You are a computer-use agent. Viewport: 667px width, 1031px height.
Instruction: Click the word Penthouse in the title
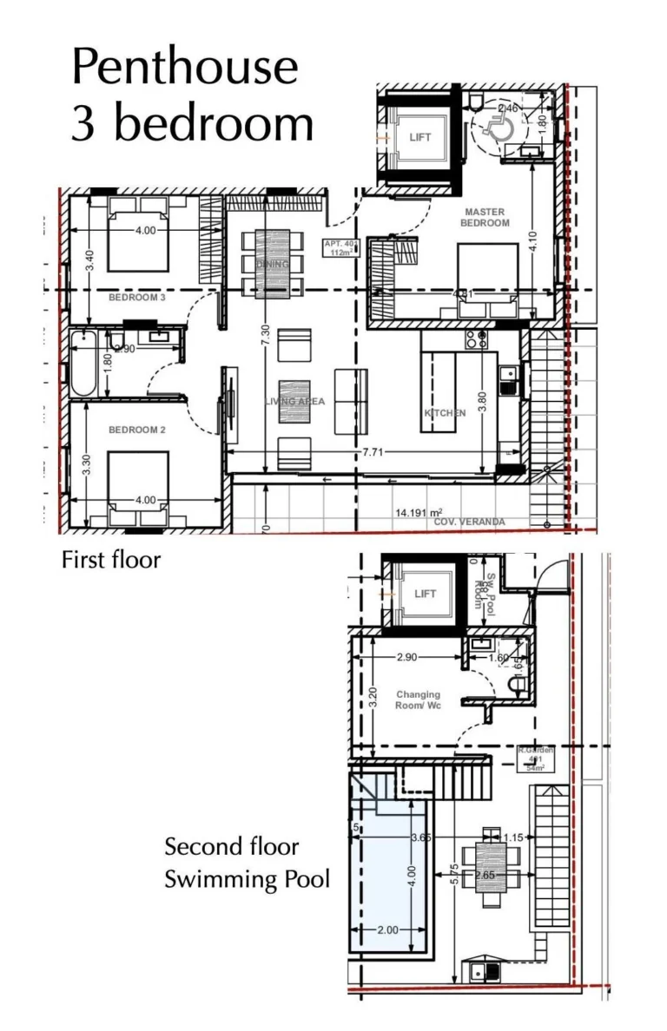185,69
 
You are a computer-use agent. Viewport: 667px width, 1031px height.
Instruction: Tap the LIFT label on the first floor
420,137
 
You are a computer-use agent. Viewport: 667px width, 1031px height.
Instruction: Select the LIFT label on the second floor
426,594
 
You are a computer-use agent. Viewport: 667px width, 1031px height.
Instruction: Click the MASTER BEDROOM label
485,217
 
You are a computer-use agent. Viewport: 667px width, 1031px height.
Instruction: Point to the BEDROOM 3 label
136,298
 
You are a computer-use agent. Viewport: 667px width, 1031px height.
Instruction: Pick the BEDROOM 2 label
136,430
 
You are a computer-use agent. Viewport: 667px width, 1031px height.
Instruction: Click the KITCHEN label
445,413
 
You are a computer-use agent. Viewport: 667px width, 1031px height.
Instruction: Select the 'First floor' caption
110,560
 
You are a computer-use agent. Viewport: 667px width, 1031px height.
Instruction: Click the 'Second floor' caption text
232,846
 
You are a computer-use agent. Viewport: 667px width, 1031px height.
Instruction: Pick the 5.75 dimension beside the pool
454,876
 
